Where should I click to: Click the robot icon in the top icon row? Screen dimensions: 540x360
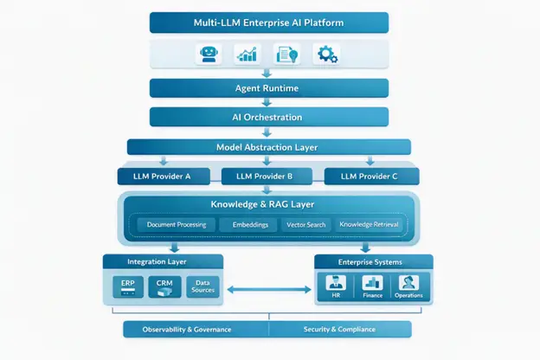point(209,54)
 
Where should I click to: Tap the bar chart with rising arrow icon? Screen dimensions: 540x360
point(247,54)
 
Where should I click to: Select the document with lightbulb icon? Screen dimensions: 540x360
point(286,55)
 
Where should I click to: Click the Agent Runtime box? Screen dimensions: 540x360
point(269,88)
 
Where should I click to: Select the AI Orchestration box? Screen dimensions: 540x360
point(269,117)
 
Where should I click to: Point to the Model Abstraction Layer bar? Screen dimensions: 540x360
point(269,147)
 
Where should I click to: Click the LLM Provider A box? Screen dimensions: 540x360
point(164,177)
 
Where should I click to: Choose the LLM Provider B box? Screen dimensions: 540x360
point(267,177)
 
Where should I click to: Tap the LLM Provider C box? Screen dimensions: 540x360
point(371,177)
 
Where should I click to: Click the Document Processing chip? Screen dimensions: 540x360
point(177,225)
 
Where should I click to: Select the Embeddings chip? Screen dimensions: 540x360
point(250,225)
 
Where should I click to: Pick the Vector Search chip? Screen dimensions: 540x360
point(305,225)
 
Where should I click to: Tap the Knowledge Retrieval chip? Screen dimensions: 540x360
point(369,225)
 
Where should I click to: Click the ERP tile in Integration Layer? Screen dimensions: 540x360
point(128,286)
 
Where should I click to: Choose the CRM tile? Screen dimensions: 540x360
point(164,286)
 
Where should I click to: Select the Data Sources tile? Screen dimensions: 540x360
point(202,286)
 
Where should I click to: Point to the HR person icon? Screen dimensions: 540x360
point(336,283)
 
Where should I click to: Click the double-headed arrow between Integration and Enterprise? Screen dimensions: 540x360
point(269,290)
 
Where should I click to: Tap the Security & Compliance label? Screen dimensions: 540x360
point(339,330)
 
